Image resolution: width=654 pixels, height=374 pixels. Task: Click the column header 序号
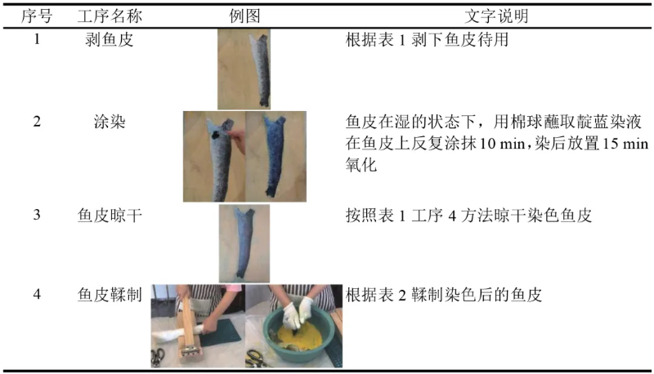click(x=37, y=16)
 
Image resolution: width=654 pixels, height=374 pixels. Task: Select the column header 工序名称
click(x=110, y=16)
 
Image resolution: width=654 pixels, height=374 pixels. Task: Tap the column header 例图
click(x=244, y=16)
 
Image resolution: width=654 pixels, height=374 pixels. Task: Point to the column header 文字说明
click(x=496, y=16)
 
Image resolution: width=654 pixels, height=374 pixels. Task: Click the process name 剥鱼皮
click(x=110, y=39)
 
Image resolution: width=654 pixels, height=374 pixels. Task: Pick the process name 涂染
click(x=110, y=122)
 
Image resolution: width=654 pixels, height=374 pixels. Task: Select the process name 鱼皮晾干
click(x=110, y=216)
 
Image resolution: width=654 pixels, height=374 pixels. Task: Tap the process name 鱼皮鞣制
click(x=110, y=295)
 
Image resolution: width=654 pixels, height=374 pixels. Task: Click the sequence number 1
click(x=37, y=39)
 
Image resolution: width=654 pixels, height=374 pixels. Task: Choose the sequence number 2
click(x=37, y=122)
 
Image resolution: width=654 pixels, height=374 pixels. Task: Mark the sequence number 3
click(x=37, y=215)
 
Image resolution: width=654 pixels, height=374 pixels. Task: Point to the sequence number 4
click(x=37, y=294)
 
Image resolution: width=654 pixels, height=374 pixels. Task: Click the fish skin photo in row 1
click(x=244, y=69)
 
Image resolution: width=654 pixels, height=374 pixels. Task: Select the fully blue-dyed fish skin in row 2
click(x=275, y=157)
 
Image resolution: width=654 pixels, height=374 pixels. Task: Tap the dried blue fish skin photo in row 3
click(x=244, y=243)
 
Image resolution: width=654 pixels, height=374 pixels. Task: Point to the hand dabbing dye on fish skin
click(x=237, y=140)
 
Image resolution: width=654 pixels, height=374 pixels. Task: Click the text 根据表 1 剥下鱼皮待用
click(x=427, y=39)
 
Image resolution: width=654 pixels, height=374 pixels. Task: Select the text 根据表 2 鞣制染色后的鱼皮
click(x=444, y=295)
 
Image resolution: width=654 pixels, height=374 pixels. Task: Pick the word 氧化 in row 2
click(x=361, y=165)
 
